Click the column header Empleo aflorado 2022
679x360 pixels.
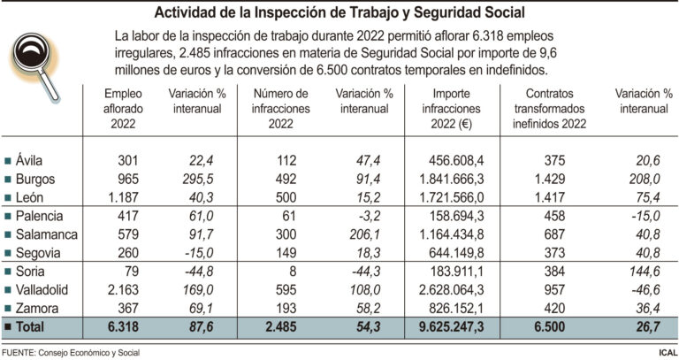(122, 109)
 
